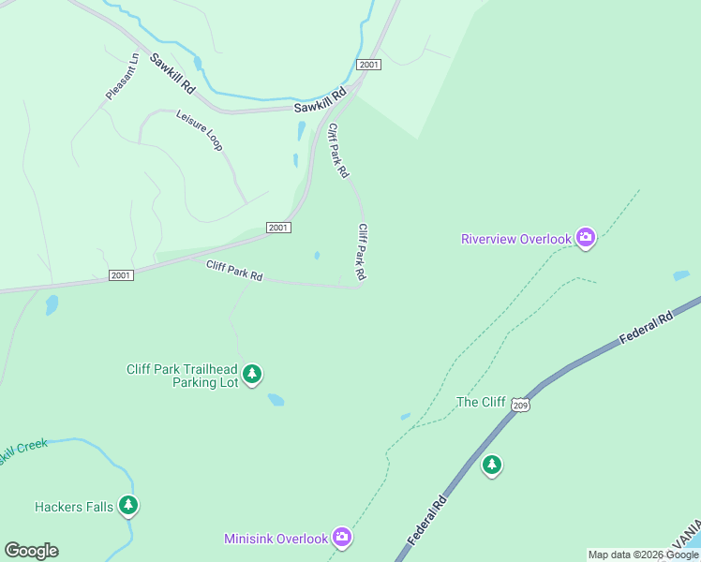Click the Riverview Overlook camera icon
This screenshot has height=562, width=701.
586,238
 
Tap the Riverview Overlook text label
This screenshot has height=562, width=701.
515,239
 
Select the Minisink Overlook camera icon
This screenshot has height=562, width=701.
342,537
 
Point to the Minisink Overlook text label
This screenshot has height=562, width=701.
276,539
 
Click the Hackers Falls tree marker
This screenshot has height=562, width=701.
128,507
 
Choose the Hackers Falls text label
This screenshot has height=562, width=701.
74,508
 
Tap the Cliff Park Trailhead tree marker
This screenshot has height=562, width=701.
251,375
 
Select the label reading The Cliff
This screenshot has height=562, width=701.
480,403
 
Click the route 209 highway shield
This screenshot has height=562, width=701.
521,404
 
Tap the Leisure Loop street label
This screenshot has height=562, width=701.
199,130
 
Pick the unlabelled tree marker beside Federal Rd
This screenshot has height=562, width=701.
492,465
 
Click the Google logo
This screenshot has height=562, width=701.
31,551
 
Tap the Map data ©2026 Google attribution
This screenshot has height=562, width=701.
643,555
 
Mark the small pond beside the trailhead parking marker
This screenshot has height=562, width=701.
276,400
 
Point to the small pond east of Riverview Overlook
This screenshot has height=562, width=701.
680,275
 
